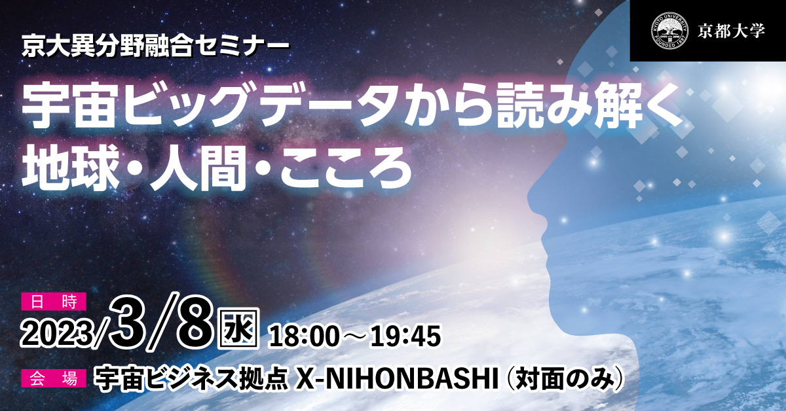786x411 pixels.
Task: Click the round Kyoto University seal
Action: pos(669,31)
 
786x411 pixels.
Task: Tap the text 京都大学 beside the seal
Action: pos(731,31)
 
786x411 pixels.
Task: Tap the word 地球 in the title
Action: pos(69,168)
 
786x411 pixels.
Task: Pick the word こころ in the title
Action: pos(345,168)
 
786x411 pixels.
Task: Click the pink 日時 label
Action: pos(54,302)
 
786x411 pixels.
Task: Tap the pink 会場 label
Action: pos(54,378)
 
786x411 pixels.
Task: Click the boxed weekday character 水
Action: pos(238,329)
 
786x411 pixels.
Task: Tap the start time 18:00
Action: pos(304,336)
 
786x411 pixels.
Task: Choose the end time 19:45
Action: pos(405,336)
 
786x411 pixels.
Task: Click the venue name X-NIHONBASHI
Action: pos(396,379)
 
